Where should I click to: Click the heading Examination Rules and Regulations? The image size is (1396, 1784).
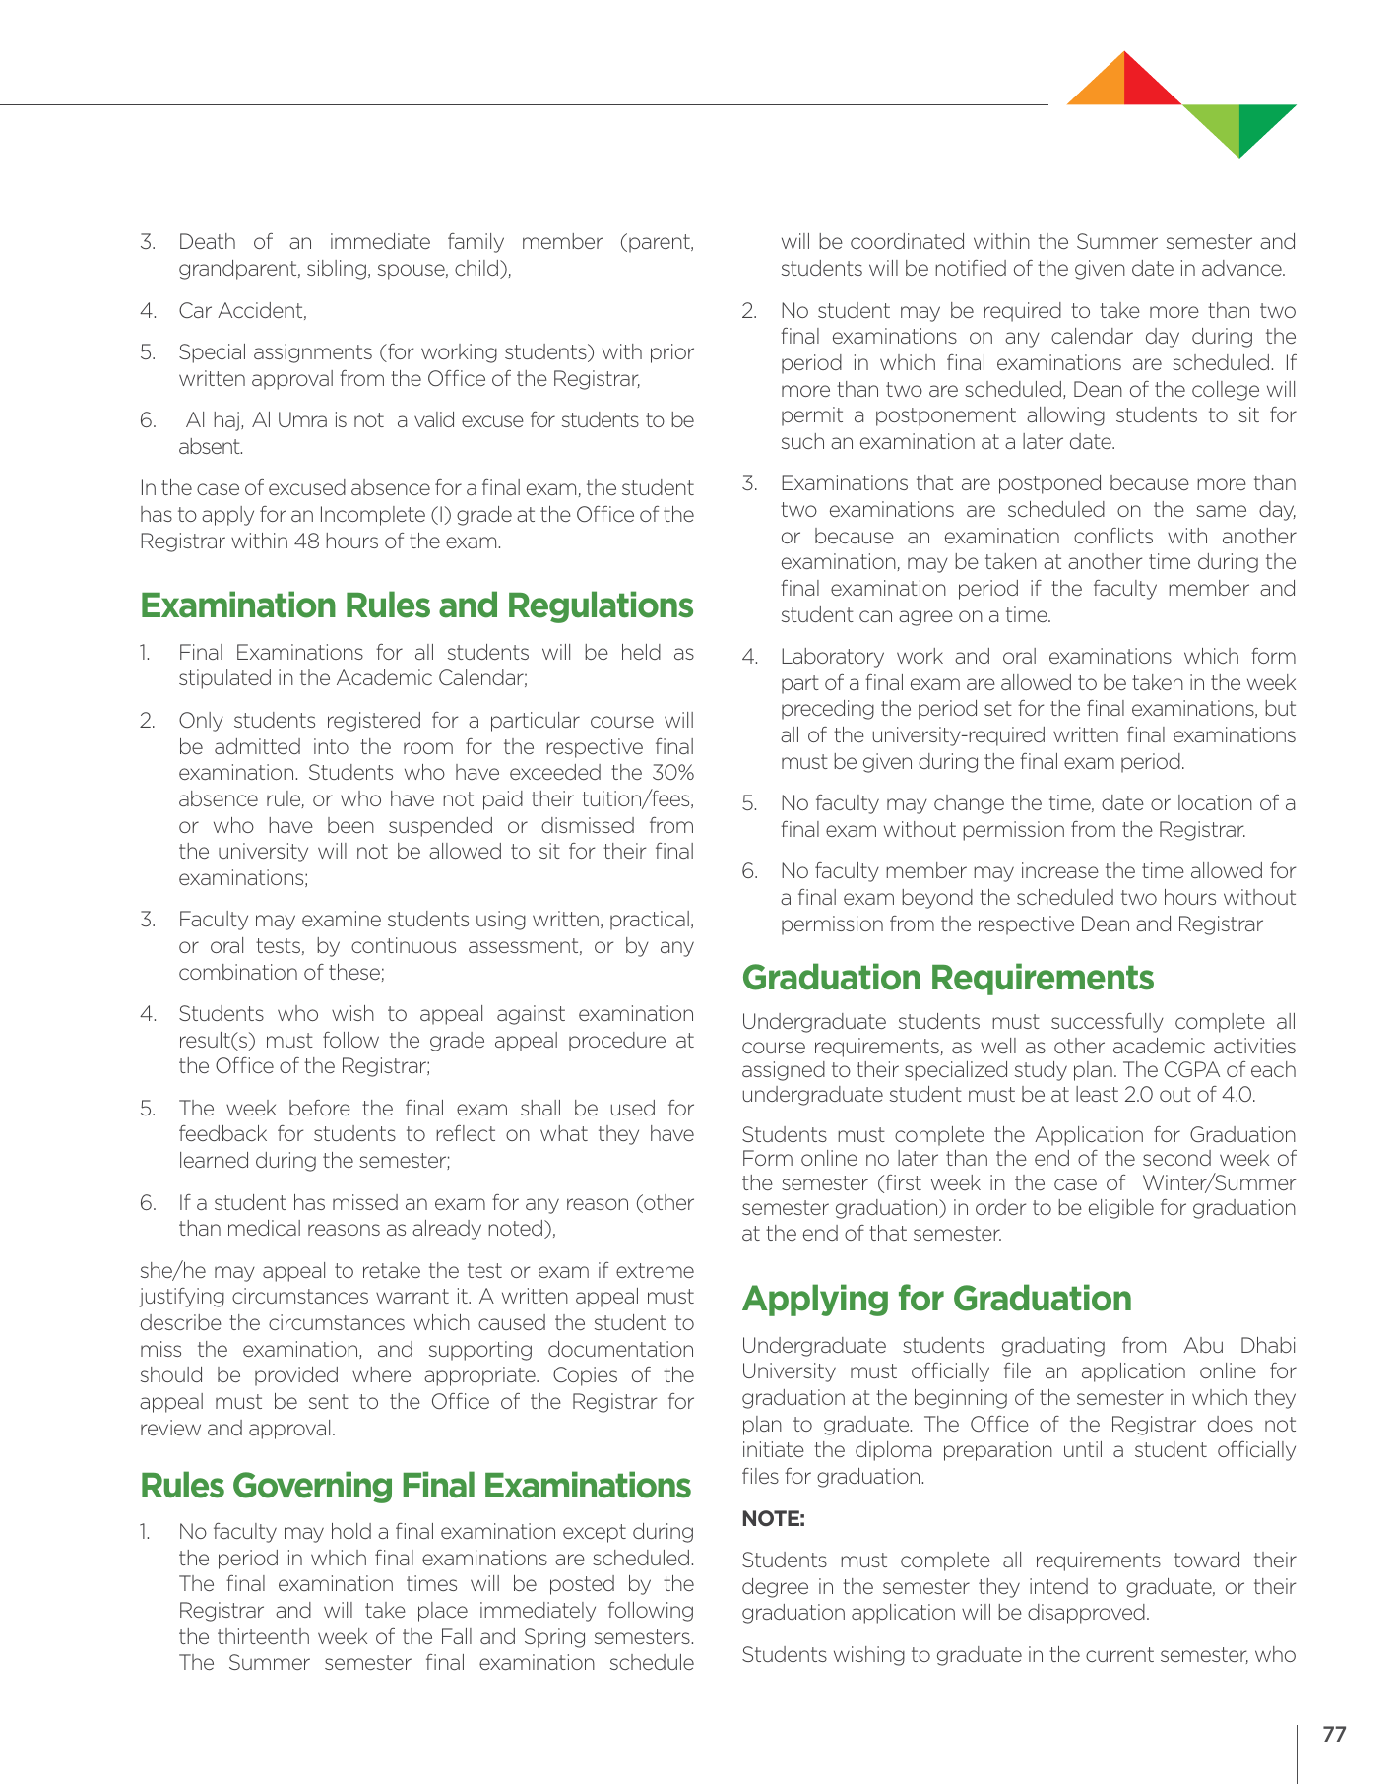[x=416, y=605]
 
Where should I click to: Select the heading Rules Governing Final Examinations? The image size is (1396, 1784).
[x=415, y=1485]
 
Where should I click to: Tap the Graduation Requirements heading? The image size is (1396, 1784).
[x=947, y=978]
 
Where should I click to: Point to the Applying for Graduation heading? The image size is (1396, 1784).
[x=936, y=1299]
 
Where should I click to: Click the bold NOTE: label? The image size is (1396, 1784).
[x=773, y=1519]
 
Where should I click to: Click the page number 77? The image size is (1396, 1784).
[x=1334, y=1734]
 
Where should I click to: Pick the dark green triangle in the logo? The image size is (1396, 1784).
[x=1260, y=123]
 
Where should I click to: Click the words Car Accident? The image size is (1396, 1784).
[x=241, y=311]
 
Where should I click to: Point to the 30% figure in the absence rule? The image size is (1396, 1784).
[x=673, y=773]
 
